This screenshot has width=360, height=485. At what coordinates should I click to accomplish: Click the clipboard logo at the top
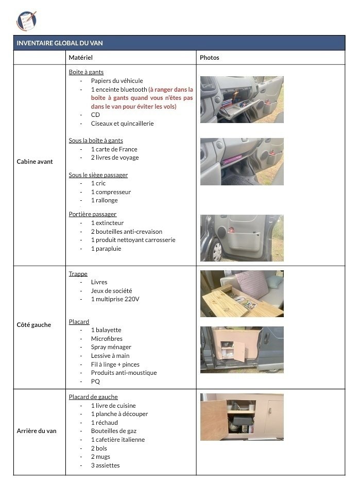point(26,20)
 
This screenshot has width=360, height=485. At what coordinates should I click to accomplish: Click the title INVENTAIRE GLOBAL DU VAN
point(63,43)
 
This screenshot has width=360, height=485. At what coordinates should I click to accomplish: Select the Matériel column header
point(80,57)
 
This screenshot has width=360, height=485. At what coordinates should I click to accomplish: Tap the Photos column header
point(209,57)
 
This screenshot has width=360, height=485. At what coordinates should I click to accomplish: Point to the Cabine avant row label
point(35,162)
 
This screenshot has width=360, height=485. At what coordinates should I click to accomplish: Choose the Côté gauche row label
point(34,325)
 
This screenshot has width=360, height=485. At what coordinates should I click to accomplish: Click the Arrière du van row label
point(37,431)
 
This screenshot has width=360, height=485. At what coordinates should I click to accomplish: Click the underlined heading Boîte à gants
point(86,72)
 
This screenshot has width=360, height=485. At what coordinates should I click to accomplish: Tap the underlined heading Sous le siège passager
point(98,175)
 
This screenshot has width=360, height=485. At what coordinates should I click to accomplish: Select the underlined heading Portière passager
point(93,214)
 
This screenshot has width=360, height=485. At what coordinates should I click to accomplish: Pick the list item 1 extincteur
point(107,223)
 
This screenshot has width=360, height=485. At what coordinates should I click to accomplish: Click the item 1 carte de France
point(114,149)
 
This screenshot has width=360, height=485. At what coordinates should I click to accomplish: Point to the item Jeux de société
point(111,291)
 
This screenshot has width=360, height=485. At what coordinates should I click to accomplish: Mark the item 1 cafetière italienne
point(118,440)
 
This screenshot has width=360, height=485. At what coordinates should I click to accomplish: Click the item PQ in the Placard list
point(95,382)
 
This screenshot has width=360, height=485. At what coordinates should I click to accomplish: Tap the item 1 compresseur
point(111,192)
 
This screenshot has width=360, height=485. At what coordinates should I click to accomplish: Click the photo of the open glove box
point(242,99)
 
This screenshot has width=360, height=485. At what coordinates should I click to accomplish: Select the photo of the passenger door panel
point(242,238)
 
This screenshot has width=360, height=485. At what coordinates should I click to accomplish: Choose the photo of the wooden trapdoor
point(242,293)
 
